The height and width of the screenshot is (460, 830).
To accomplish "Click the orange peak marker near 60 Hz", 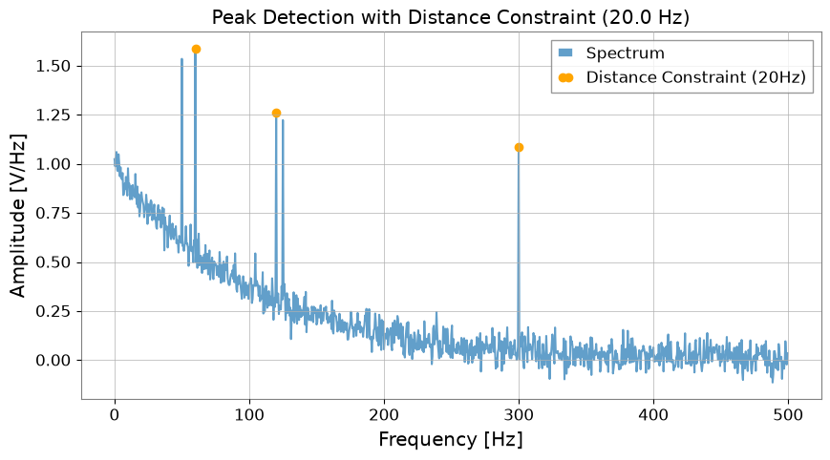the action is [196, 50].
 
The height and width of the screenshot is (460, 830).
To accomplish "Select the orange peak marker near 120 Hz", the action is [276, 114].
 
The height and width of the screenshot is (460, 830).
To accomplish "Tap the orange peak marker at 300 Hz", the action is [519, 148].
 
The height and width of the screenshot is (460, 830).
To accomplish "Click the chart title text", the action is [451, 17].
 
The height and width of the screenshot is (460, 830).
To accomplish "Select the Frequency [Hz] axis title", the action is [451, 440].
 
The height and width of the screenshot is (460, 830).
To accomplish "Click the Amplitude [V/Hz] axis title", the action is [17, 216].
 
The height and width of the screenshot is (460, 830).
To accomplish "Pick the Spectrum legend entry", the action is [625, 52].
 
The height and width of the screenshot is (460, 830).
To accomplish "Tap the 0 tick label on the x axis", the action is [115, 415].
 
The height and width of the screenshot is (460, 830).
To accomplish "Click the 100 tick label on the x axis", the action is [249, 415].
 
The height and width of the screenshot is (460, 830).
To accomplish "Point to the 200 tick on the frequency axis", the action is [384, 415].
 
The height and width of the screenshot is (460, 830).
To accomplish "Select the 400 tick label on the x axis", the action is [653, 415].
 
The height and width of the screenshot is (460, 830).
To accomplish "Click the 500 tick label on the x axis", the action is [788, 415].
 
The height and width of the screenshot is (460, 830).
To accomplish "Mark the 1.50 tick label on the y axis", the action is [53, 66].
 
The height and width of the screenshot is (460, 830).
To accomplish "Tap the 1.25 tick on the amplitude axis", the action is [53, 115].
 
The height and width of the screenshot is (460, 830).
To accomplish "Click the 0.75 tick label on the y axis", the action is [53, 213].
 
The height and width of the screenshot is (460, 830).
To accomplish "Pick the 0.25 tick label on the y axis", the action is [53, 311].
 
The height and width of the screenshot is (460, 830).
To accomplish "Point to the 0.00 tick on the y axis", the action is [53, 361].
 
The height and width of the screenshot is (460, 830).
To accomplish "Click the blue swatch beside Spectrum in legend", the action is [565, 52].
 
